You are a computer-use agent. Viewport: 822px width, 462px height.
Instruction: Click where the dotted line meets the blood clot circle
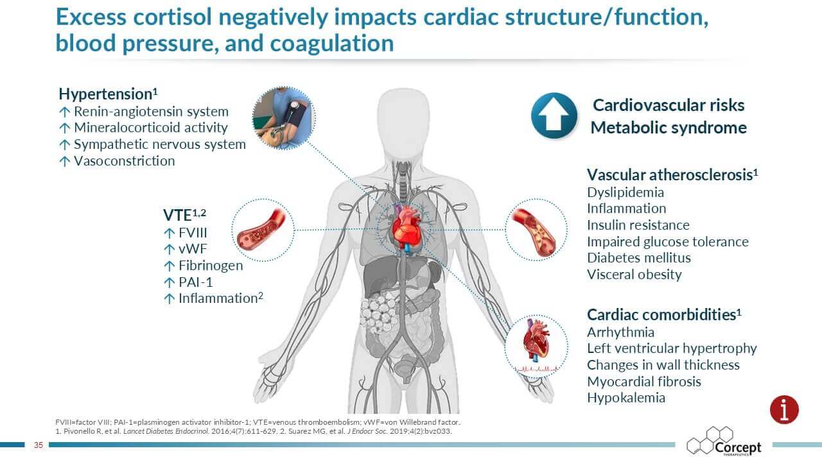click(x=294, y=230)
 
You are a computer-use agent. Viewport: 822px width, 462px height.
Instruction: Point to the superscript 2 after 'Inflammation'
click(x=261, y=295)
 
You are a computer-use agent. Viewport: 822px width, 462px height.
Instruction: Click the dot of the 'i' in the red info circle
click(x=784, y=402)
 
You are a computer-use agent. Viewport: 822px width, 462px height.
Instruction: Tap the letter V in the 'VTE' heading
click(x=168, y=215)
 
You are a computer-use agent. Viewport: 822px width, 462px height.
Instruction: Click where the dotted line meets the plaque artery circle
click(x=505, y=230)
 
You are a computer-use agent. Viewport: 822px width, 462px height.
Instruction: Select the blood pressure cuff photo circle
click(x=284, y=118)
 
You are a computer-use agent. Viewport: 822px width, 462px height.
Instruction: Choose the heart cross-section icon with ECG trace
click(x=536, y=346)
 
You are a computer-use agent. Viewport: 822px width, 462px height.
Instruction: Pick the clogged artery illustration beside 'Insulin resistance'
click(x=536, y=230)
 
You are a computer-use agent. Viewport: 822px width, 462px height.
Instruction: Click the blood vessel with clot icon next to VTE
click(x=263, y=230)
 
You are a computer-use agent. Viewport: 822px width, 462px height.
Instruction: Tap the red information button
click(x=784, y=409)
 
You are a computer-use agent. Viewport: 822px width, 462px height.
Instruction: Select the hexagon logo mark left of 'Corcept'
click(x=710, y=440)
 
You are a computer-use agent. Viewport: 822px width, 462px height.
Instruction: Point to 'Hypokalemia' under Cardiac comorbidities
click(x=626, y=398)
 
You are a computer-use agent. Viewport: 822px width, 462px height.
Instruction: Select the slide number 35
click(x=39, y=445)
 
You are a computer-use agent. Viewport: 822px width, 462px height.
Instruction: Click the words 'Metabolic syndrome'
click(x=669, y=128)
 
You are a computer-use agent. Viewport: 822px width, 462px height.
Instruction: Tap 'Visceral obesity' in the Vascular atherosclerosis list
click(x=634, y=275)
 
